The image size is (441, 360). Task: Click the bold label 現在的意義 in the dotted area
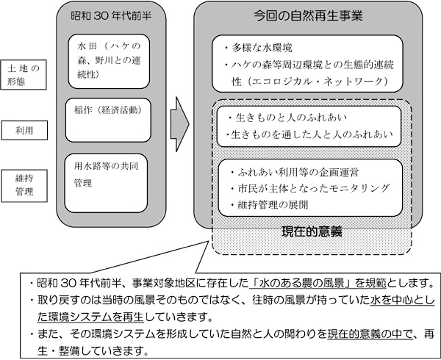tap(312, 231)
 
